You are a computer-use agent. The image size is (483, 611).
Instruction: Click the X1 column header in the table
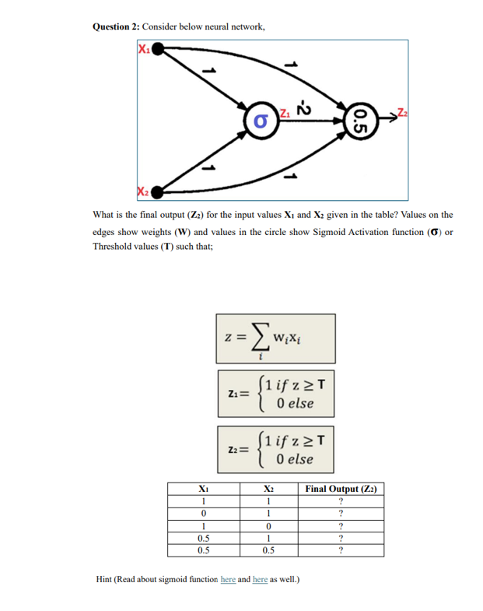202,489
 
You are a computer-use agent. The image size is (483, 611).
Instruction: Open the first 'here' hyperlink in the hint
228,580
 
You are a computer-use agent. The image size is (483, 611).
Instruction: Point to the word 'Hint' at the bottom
103,580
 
